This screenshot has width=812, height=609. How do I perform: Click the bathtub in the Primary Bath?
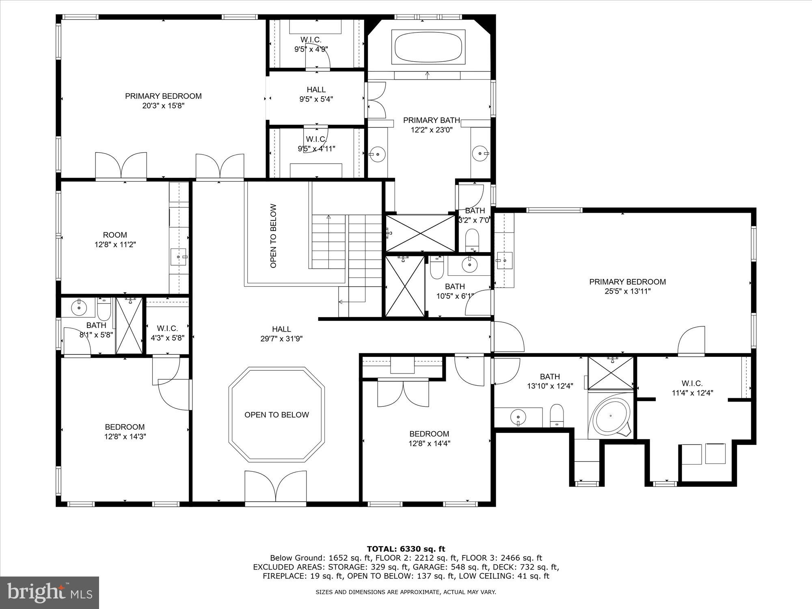(428, 47)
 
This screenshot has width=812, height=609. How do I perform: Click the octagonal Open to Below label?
(276, 415)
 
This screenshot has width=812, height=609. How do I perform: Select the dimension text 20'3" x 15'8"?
(163, 106)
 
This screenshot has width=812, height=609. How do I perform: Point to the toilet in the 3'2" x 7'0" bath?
(472, 240)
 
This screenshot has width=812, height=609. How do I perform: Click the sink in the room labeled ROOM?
(178, 257)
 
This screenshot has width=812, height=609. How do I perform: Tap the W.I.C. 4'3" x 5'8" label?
(167, 333)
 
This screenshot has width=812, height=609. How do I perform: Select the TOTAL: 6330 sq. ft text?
(406, 549)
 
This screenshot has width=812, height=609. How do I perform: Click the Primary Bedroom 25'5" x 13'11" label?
(627, 286)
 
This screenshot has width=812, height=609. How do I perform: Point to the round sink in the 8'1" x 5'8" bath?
(78, 308)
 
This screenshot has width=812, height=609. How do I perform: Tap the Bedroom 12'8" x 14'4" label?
(429, 438)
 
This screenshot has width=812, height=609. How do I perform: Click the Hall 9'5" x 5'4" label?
(316, 94)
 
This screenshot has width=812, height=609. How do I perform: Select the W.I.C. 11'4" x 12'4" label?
(692, 388)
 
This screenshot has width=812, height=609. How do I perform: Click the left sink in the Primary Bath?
(378, 154)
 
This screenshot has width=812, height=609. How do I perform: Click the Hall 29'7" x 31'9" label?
(281, 334)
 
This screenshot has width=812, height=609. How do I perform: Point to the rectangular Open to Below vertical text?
(273, 235)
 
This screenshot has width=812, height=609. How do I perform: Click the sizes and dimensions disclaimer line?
(406, 592)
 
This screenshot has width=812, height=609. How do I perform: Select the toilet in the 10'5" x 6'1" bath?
(437, 270)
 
